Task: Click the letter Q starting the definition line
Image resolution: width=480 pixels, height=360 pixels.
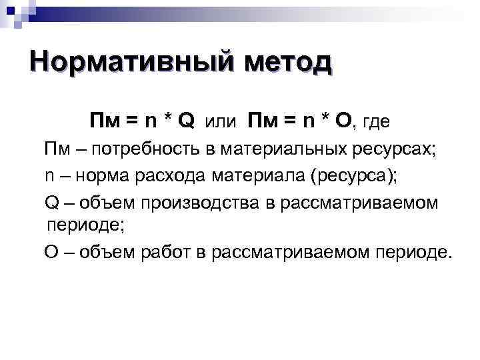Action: click(x=51, y=202)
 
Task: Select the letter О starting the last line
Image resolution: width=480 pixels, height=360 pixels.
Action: click(x=51, y=253)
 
